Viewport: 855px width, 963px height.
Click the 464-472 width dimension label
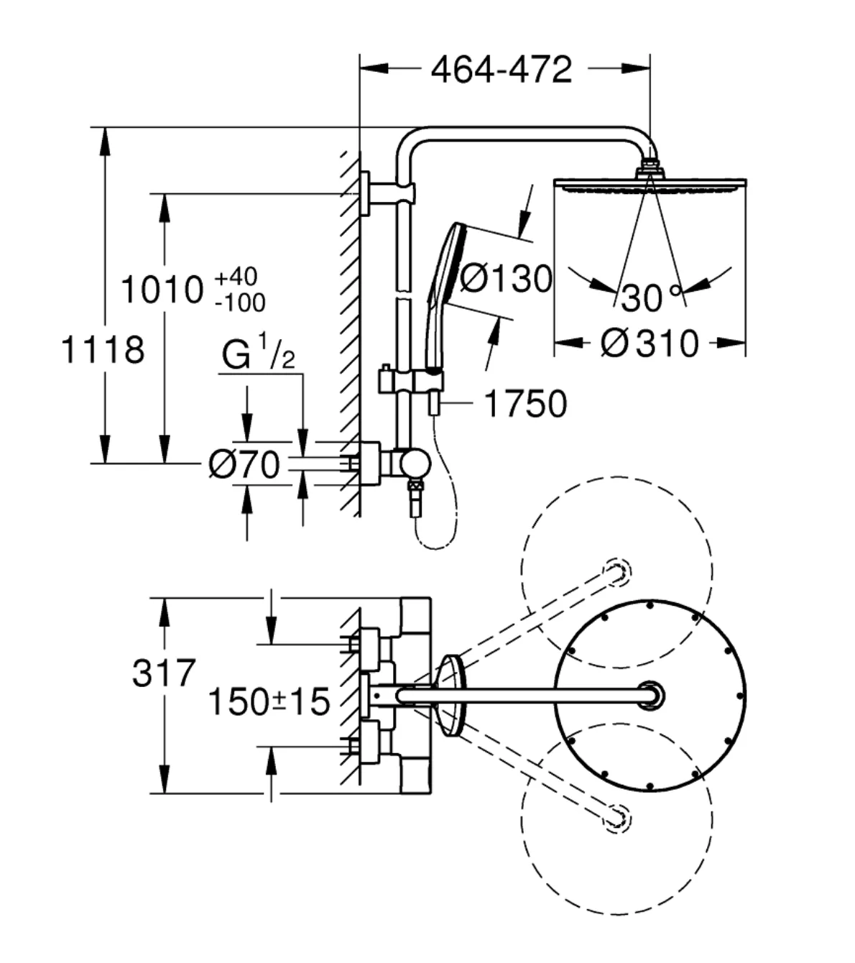pyautogui.click(x=501, y=70)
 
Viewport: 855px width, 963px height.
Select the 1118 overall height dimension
pyautogui.click(x=103, y=350)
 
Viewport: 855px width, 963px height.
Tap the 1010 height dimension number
pyautogui.click(x=162, y=290)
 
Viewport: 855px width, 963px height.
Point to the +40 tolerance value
pyautogui.click(x=236, y=276)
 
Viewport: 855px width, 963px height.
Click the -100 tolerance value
pyautogui.click(x=240, y=303)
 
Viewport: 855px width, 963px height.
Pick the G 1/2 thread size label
pyautogui.click(x=259, y=351)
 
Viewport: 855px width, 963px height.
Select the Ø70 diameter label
pyautogui.click(x=244, y=464)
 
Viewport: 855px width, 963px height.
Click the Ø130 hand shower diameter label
pyautogui.click(x=507, y=279)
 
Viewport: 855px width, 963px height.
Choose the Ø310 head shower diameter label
pyautogui.click(x=650, y=344)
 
